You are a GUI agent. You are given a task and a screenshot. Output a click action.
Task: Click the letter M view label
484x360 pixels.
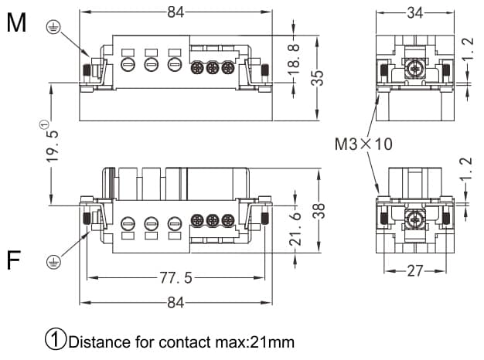coord(16,23)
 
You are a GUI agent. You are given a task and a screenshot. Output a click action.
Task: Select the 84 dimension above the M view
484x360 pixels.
coord(176,12)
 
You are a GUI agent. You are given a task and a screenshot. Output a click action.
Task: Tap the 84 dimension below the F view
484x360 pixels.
coord(176,303)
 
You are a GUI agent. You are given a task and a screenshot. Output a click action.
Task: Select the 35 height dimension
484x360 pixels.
coord(317,78)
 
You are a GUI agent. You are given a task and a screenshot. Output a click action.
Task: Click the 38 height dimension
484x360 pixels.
coord(319,209)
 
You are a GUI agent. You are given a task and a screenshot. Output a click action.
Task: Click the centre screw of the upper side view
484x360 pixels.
coord(416,71)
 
